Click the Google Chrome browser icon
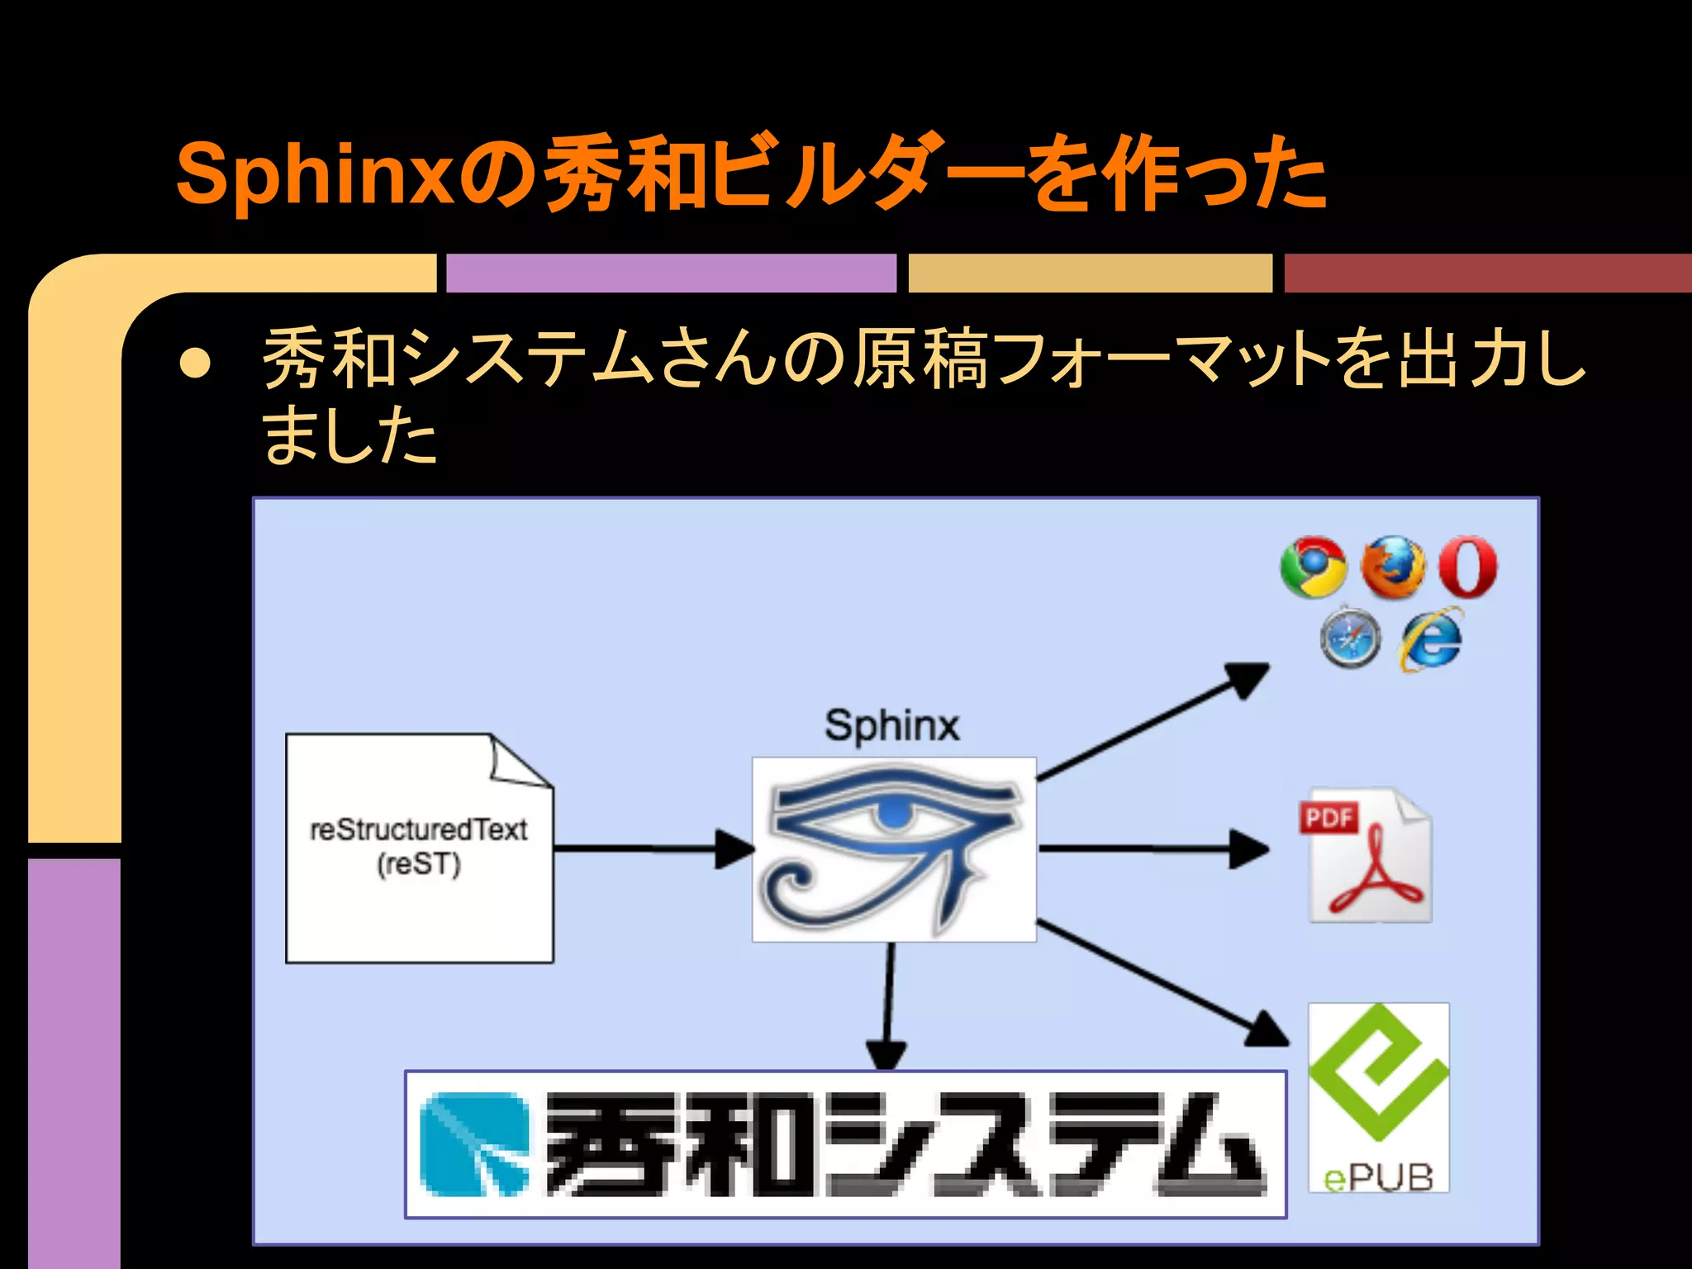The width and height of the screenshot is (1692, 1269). [1313, 568]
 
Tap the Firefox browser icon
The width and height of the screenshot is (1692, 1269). [1392, 567]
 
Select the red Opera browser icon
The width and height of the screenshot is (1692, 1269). [1467, 567]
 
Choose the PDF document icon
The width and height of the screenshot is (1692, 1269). [1368, 855]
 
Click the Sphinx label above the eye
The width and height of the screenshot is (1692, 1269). [891, 726]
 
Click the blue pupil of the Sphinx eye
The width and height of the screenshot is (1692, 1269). [892, 815]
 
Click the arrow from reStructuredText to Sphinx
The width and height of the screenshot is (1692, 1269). [653, 848]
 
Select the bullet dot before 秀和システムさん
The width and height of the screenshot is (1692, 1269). [195, 362]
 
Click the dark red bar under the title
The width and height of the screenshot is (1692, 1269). [1487, 273]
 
